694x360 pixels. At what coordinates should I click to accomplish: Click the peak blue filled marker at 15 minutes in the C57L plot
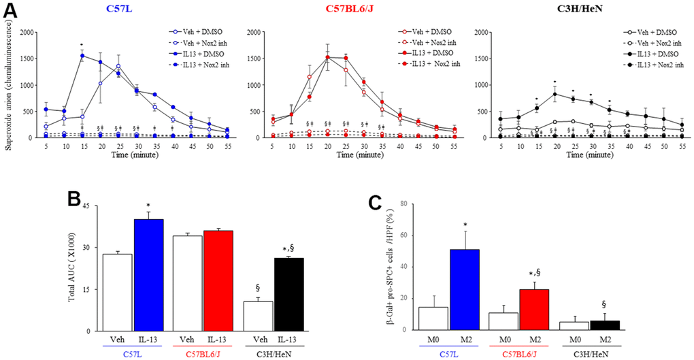tap(82, 56)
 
